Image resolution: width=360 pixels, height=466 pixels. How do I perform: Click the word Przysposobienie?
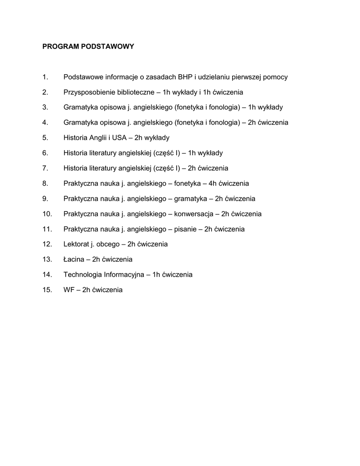point(89,92)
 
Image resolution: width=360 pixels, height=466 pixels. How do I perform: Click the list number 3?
point(45,107)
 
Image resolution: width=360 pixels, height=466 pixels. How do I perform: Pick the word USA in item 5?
point(119,138)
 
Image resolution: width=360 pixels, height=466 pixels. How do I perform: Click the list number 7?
point(45,168)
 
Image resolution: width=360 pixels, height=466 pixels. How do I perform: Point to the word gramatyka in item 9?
point(190,199)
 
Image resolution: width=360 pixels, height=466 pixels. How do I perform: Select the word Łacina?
point(74,259)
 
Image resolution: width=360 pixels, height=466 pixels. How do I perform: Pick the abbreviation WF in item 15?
point(68,290)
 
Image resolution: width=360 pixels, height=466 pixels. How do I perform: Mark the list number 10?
point(47,214)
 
